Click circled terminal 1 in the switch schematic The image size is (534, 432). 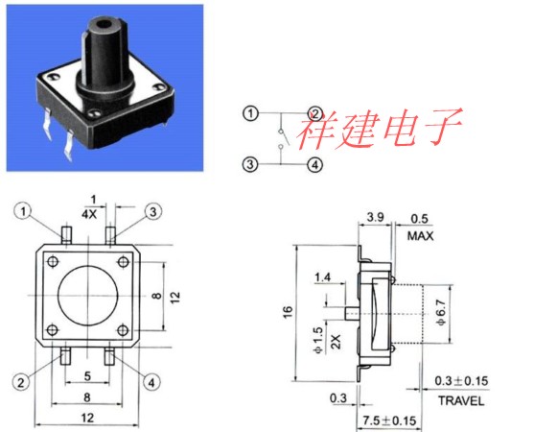tap(250, 113)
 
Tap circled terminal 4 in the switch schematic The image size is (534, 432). tap(314, 165)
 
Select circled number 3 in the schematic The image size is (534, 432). tap(250, 165)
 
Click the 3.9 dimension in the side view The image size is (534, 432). tap(375, 217)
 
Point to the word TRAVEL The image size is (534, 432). tap(461, 400)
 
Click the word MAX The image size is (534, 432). tap(420, 236)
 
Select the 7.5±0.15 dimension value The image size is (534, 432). tap(389, 420)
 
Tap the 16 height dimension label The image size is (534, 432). tap(288, 312)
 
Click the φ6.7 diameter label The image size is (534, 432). tap(441, 313)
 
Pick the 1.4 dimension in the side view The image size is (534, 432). tap(322, 277)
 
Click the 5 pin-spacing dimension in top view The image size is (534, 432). tap(87, 376)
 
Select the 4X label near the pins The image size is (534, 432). tap(89, 214)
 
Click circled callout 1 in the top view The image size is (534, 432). tap(23, 211)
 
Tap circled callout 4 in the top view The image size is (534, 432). tap(151, 382)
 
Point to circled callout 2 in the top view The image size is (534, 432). tap(21, 382)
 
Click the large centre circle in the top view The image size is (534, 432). tap(58, 296)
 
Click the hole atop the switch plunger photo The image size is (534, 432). tap(103, 25)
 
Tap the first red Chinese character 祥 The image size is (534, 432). tap(315, 131)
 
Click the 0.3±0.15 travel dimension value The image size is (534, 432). tap(461, 381)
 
